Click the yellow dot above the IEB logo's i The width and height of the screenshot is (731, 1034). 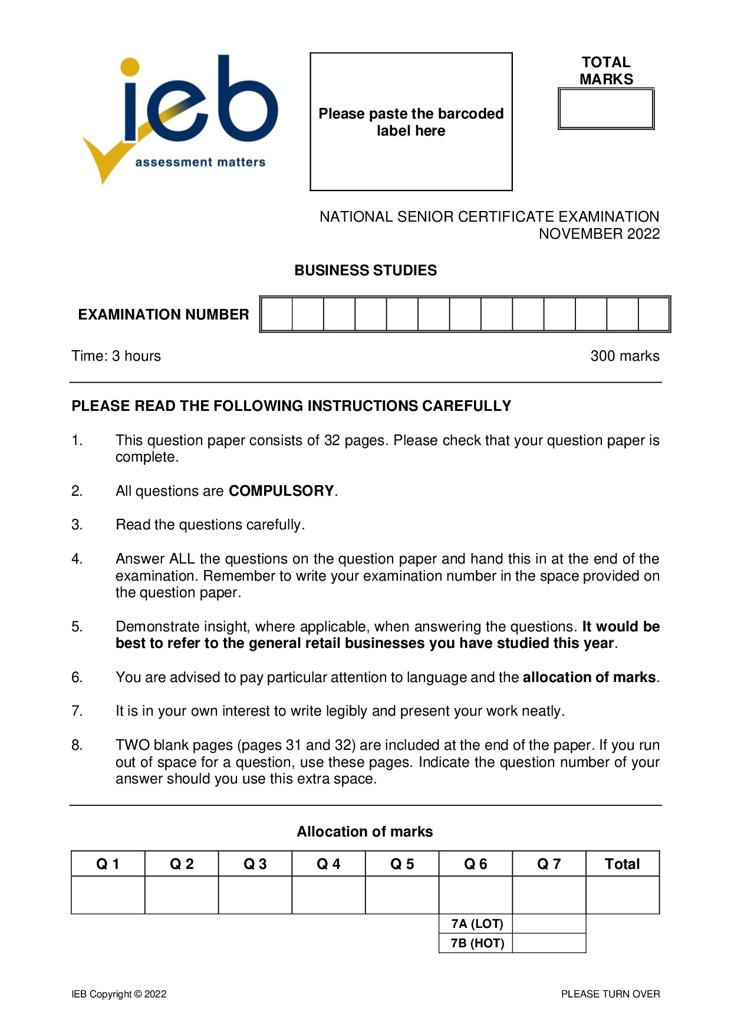pos(130,67)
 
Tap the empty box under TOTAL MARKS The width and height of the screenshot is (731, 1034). pos(606,109)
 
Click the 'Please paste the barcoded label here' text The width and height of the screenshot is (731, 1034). pos(411,122)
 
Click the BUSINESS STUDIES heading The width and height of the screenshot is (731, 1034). pos(365,271)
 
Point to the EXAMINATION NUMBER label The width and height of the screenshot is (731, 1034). pos(163,315)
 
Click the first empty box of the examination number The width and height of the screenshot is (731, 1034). pos(276,314)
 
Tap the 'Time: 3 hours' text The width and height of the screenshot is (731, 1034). pos(116,356)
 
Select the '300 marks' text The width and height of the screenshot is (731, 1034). pos(625,356)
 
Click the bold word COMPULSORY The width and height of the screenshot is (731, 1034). pos(281,491)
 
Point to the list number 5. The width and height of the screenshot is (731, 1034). pos(77,627)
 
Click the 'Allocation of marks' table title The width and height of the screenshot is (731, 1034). pos(365,832)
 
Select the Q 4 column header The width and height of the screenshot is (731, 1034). pos(328,864)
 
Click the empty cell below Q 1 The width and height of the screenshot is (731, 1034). pos(108,895)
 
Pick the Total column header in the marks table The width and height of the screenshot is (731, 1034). pos(622,864)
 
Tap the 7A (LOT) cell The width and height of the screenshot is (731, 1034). pos(476,924)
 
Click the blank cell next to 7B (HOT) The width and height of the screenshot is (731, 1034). pos(549,943)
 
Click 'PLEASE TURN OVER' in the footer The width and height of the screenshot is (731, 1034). pos(610,994)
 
